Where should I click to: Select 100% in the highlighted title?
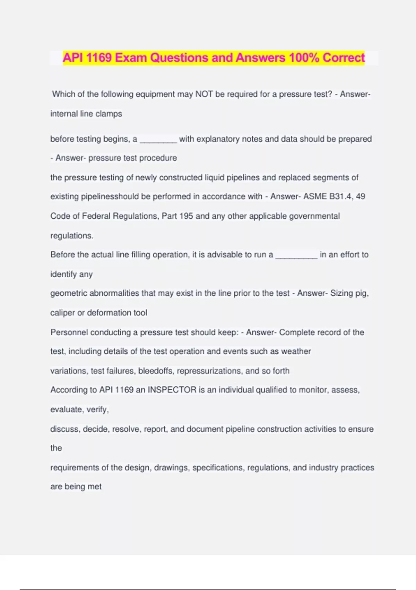point(304,58)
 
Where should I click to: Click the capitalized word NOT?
point(204,94)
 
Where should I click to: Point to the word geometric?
point(69,293)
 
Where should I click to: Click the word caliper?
point(62,313)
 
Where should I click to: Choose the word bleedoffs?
point(155,371)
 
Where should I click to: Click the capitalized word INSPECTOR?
point(172,390)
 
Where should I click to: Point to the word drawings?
point(172,468)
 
